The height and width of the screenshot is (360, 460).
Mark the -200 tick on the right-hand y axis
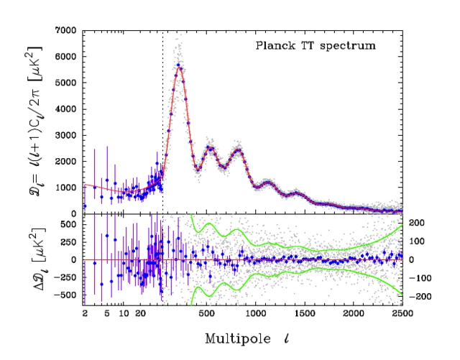click(x=417, y=296)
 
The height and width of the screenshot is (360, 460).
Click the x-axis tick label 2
click(x=85, y=314)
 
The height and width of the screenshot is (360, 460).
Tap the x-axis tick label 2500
click(x=402, y=314)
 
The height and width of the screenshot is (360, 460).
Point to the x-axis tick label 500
click(x=208, y=314)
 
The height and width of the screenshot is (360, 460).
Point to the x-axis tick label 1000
click(x=257, y=314)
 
